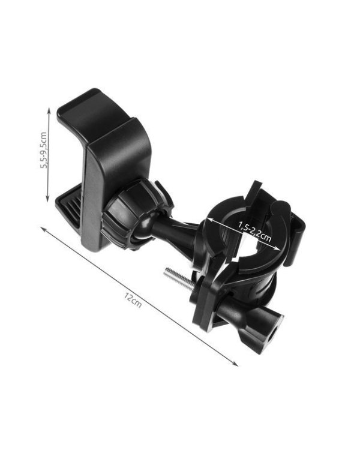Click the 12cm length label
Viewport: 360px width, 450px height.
(x=133, y=300)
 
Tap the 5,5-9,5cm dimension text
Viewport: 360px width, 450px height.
(x=44, y=150)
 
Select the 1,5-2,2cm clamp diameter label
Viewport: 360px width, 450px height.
(x=254, y=232)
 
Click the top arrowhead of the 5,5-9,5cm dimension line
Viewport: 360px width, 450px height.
(x=49, y=110)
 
